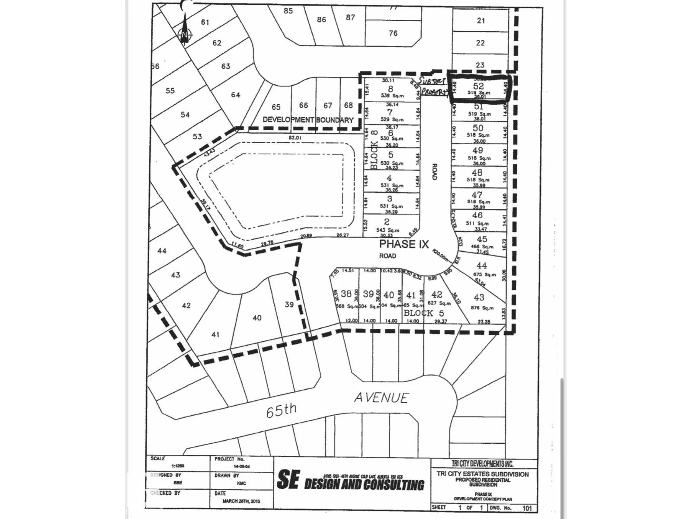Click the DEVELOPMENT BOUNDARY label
click(308, 120)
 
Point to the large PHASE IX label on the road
click(404, 244)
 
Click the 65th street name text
click(281, 410)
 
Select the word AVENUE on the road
click(381, 398)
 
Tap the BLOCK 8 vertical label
click(375, 149)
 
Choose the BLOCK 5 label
click(424, 313)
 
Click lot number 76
click(393, 33)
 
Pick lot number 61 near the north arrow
click(205, 22)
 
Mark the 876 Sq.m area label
click(482, 308)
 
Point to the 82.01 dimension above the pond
click(295, 138)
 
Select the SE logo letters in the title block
click(288, 480)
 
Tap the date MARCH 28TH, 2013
click(242, 501)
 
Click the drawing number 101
click(527, 508)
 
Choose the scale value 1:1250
click(178, 466)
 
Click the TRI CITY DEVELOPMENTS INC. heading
click(483, 464)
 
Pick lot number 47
click(477, 195)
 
